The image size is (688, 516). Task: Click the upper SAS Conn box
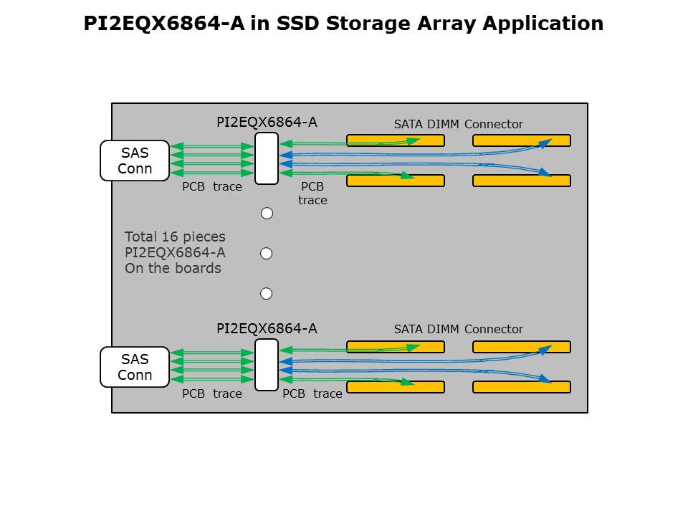(135, 161)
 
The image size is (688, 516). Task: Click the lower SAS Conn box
(135, 367)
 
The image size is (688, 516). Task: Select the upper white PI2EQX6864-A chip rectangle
(267, 158)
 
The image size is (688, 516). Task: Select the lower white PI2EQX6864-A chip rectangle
(267, 365)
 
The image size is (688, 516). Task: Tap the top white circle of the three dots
(267, 214)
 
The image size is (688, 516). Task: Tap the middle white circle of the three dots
(267, 254)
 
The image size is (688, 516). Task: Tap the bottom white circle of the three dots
(267, 294)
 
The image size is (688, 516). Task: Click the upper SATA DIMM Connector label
(458, 125)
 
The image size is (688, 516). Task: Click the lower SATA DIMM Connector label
(458, 330)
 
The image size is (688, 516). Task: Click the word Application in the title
(543, 24)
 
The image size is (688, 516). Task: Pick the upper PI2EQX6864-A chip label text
(267, 123)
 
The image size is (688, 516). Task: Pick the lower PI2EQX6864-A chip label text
(267, 329)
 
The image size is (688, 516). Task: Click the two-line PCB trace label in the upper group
(312, 193)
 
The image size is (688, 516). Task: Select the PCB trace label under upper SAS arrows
(211, 187)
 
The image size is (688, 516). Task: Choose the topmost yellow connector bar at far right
(522, 140)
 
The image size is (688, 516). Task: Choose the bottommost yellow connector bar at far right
(522, 387)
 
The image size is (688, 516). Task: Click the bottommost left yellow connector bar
(396, 387)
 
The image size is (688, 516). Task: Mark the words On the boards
(173, 269)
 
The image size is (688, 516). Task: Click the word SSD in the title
(297, 24)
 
